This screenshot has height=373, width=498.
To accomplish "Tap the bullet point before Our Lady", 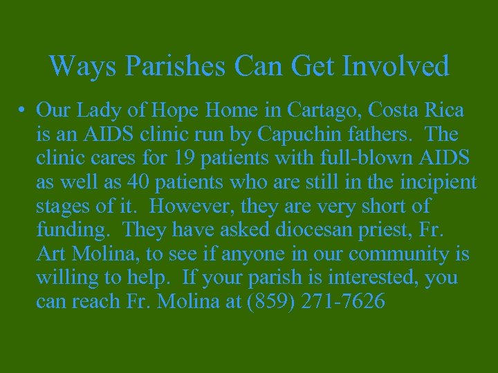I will click(23, 111).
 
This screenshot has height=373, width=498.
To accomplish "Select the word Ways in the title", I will click(77, 67).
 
